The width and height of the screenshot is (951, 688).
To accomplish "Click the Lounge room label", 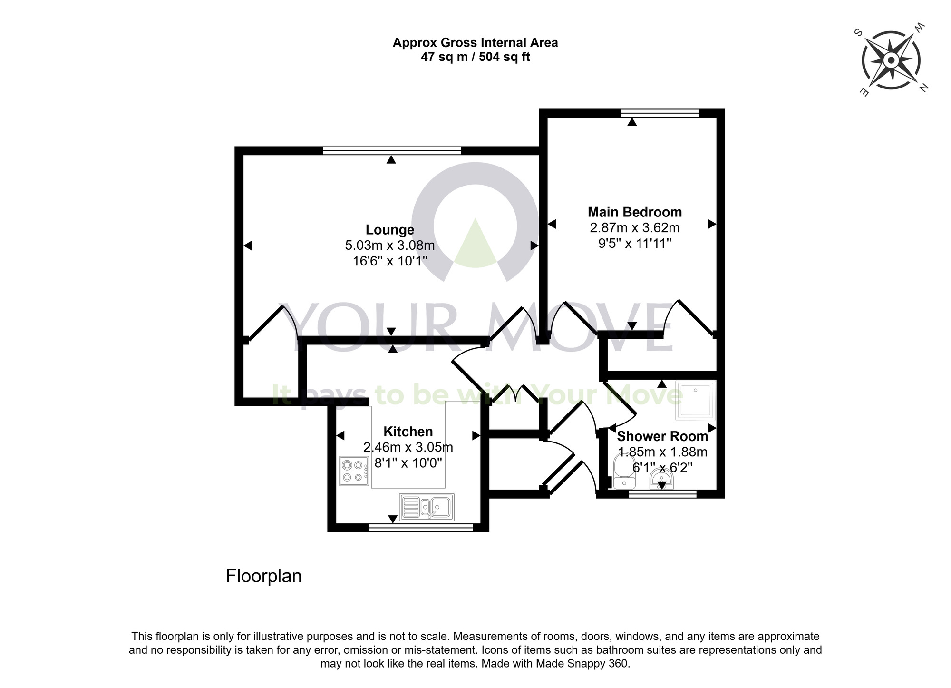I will coord(390,230).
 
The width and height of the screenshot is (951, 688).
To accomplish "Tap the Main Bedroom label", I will coord(634,212).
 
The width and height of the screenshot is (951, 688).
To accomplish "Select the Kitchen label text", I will coord(408,432).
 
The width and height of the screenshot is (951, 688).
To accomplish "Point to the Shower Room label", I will coord(662,436).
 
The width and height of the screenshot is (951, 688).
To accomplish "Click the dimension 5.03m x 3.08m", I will coord(390,246).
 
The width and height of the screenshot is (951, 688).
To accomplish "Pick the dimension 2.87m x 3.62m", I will coord(634,227).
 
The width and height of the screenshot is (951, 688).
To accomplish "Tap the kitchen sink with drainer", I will coord(427,507).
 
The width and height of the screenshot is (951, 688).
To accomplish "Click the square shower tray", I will coord(696,401).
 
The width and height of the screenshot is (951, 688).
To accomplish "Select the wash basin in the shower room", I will coord(661,478).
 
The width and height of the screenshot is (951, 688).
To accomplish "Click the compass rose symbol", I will coord(891,60).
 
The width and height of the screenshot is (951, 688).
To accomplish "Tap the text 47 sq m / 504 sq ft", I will coord(475,57).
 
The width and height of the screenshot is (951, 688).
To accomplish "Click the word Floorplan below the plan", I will coord(263,576).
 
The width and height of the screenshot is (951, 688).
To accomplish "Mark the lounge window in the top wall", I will coord(391,151).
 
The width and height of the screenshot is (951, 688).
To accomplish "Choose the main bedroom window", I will coord(660,113).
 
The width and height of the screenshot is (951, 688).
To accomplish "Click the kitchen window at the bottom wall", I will coord(421,527).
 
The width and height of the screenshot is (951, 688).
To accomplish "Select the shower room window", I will coord(662,494).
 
